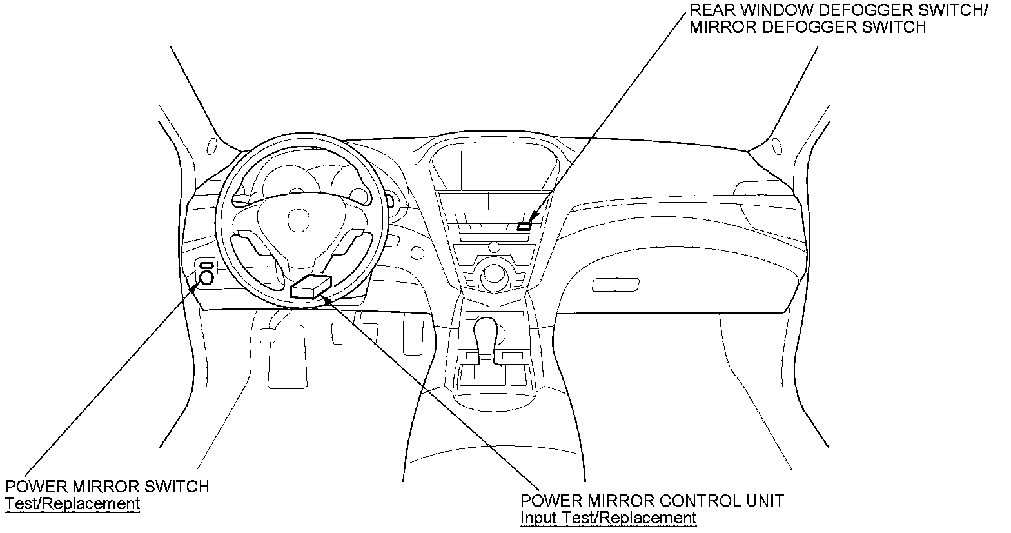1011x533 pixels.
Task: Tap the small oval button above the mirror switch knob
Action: [207, 265]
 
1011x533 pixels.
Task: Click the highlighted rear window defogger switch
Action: [524, 226]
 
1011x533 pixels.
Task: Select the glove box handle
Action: [616, 284]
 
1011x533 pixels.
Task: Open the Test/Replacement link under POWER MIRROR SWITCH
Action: [72, 503]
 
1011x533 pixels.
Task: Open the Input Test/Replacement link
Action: [608, 518]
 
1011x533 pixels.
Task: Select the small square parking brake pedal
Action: [266, 335]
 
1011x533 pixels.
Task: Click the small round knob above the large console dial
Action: [495, 246]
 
